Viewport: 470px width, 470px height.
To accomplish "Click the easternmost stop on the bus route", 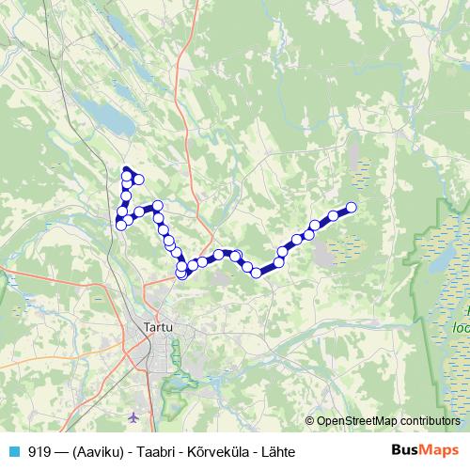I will pyautogui.click(x=352, y=207).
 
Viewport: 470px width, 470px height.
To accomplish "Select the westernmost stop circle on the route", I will pyautogui.click(x=120, y=224).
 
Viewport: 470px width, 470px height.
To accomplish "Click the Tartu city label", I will pyautogui.click(x=158, y=326).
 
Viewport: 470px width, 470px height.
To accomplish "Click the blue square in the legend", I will pyautogui.click(x=15, y=451).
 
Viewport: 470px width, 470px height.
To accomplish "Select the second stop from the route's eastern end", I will pyautogui.click(x=334, y=216).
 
